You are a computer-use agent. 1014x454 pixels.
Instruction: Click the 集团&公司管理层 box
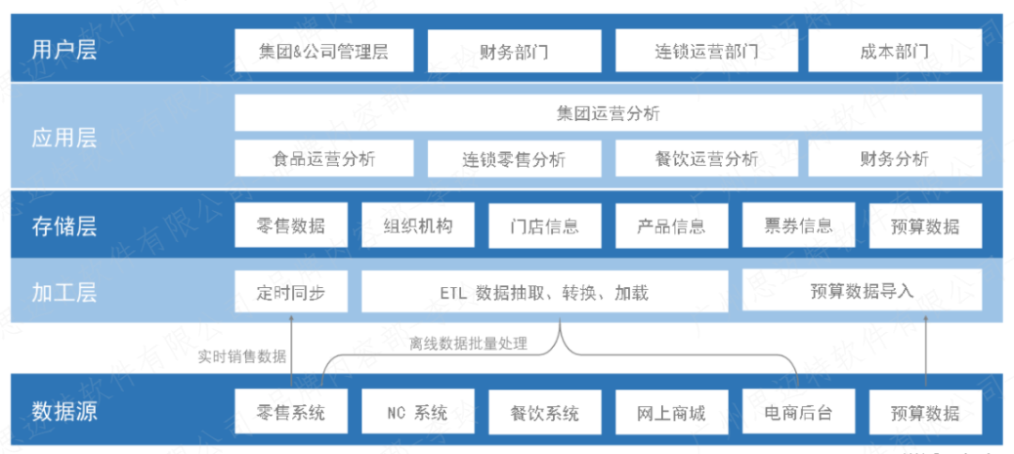[324, 51]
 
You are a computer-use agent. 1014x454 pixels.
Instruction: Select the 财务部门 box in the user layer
[514, 51]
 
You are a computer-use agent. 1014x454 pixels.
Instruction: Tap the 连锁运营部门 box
[706, 51]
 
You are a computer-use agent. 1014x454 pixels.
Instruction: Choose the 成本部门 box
[894, 51]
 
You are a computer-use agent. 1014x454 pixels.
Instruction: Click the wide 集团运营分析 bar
[607, 113]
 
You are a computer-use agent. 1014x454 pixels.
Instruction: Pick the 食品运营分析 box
[324, 159]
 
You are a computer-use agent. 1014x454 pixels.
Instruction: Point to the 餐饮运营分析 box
[706, 159]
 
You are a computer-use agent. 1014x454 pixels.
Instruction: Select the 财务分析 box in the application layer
[894, 159]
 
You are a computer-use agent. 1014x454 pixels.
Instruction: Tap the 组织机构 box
[418, 226]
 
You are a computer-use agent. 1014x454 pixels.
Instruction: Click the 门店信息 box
[545, 226]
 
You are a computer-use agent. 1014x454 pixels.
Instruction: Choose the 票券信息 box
[798, 225]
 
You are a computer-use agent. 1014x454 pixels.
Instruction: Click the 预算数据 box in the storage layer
[926, 226]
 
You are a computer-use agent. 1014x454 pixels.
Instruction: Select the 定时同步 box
[291, 292]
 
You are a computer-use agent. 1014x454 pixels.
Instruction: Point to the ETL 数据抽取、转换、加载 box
[544, 292]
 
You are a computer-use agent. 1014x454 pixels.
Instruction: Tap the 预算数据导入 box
[862, 290]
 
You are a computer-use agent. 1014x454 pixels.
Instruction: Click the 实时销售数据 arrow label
[242, 356]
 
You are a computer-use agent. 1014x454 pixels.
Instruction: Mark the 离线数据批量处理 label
[469, 343]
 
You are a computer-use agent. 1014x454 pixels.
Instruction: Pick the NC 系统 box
[418, 412]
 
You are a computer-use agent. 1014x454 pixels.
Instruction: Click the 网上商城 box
[671, 412]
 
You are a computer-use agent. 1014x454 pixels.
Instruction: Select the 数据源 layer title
[64, 411]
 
